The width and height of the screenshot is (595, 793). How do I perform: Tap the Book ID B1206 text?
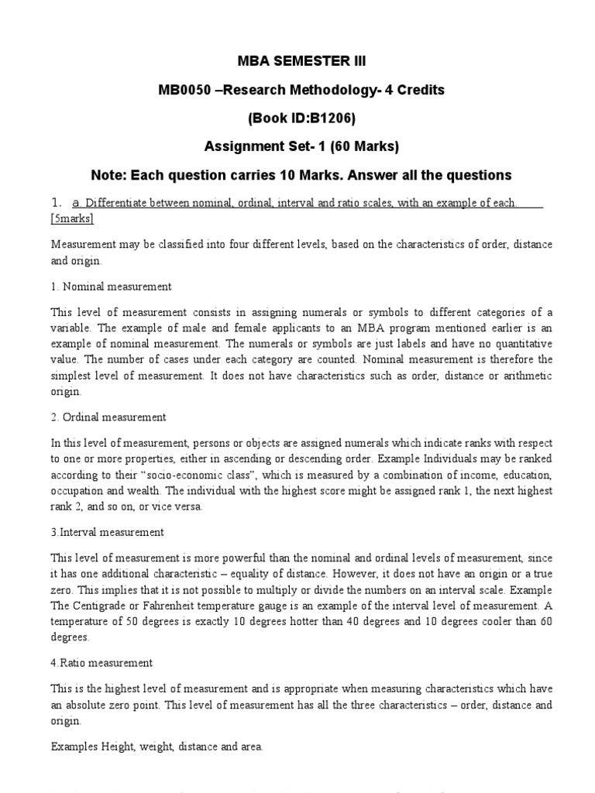point(311,118)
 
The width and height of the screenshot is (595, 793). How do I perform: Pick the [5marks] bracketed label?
point(72,219)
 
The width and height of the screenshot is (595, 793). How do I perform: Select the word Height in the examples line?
point(116,747)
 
